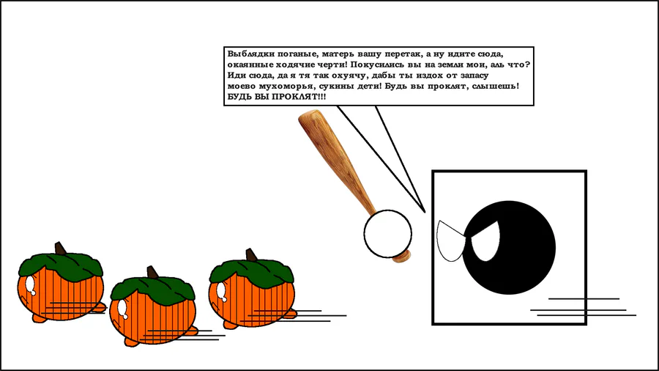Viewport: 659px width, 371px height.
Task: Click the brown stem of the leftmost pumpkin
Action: pos(61,248)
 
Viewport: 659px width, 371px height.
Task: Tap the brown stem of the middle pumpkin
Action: pos(152,272)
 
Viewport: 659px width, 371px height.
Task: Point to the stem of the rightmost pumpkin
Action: pos(251,255)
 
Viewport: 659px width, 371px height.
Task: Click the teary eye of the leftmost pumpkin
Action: pos(30,284)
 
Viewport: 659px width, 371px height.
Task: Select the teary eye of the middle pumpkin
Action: pos(123,309)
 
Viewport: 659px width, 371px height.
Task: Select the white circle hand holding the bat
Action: pos(387,234)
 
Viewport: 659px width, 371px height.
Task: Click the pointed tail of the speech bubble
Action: pos(424,211)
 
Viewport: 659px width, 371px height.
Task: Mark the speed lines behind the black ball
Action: pos(584,307)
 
